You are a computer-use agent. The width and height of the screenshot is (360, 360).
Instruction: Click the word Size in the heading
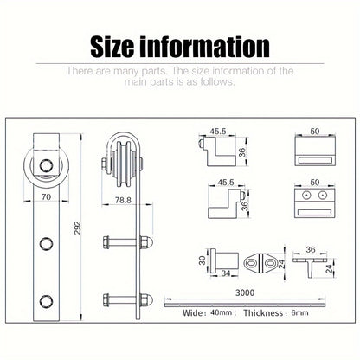click(x=112, y=47)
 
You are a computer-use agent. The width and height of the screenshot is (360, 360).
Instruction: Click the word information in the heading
click(x=205, y=47)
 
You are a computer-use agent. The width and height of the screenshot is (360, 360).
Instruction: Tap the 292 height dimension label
click(x=78, y=228)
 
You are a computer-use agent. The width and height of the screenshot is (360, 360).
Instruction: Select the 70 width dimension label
click(x=46, y=196)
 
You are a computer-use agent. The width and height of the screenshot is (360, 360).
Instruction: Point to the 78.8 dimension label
click(x=123, y=200)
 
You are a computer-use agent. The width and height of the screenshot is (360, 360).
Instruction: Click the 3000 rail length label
click(x=245, y=292)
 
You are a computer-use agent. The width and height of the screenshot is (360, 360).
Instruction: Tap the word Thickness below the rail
click(x=263, y=313)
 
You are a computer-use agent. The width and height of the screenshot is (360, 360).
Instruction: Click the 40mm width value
click(x=222, y=312)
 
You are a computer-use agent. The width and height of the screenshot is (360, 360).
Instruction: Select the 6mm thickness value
click(x=299, y=312)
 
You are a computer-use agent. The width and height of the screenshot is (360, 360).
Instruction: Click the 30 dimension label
click(x=202, y=260)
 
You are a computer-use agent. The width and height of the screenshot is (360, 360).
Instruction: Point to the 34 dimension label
click(x=226, y=273)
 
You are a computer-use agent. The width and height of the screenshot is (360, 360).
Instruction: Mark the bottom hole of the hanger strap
click(x=46, y=301)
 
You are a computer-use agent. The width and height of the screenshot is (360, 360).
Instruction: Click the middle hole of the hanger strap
click(x=46, y=244)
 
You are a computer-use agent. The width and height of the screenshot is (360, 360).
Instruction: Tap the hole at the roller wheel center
click(x=46, y=166)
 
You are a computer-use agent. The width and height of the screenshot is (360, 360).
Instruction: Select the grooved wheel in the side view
click(x=124, y=164)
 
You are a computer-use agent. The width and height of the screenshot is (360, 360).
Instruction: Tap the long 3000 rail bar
click(x=245, y=305)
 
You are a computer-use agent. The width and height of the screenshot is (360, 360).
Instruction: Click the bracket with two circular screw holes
click(x=315, y=202)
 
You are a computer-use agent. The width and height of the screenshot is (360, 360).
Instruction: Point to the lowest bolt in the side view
click(x=127, y=300)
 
